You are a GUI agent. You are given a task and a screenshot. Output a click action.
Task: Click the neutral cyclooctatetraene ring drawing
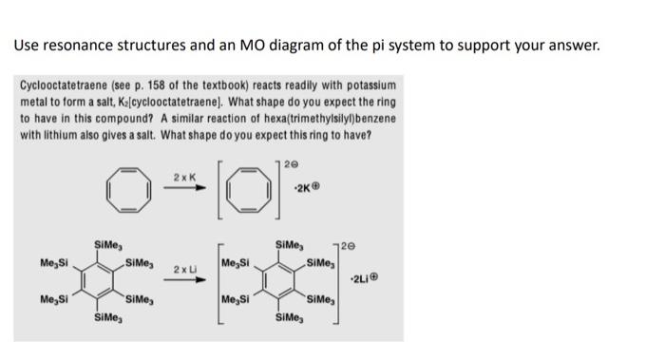pos(126,189)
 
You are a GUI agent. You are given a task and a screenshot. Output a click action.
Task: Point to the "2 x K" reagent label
pos(184,177)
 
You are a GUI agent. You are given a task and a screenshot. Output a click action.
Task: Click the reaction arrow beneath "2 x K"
pos(186,188)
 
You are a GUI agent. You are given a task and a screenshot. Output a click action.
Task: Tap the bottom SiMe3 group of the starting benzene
pos(105,317)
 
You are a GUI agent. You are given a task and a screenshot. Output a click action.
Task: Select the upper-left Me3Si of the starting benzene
pos(54,261)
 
